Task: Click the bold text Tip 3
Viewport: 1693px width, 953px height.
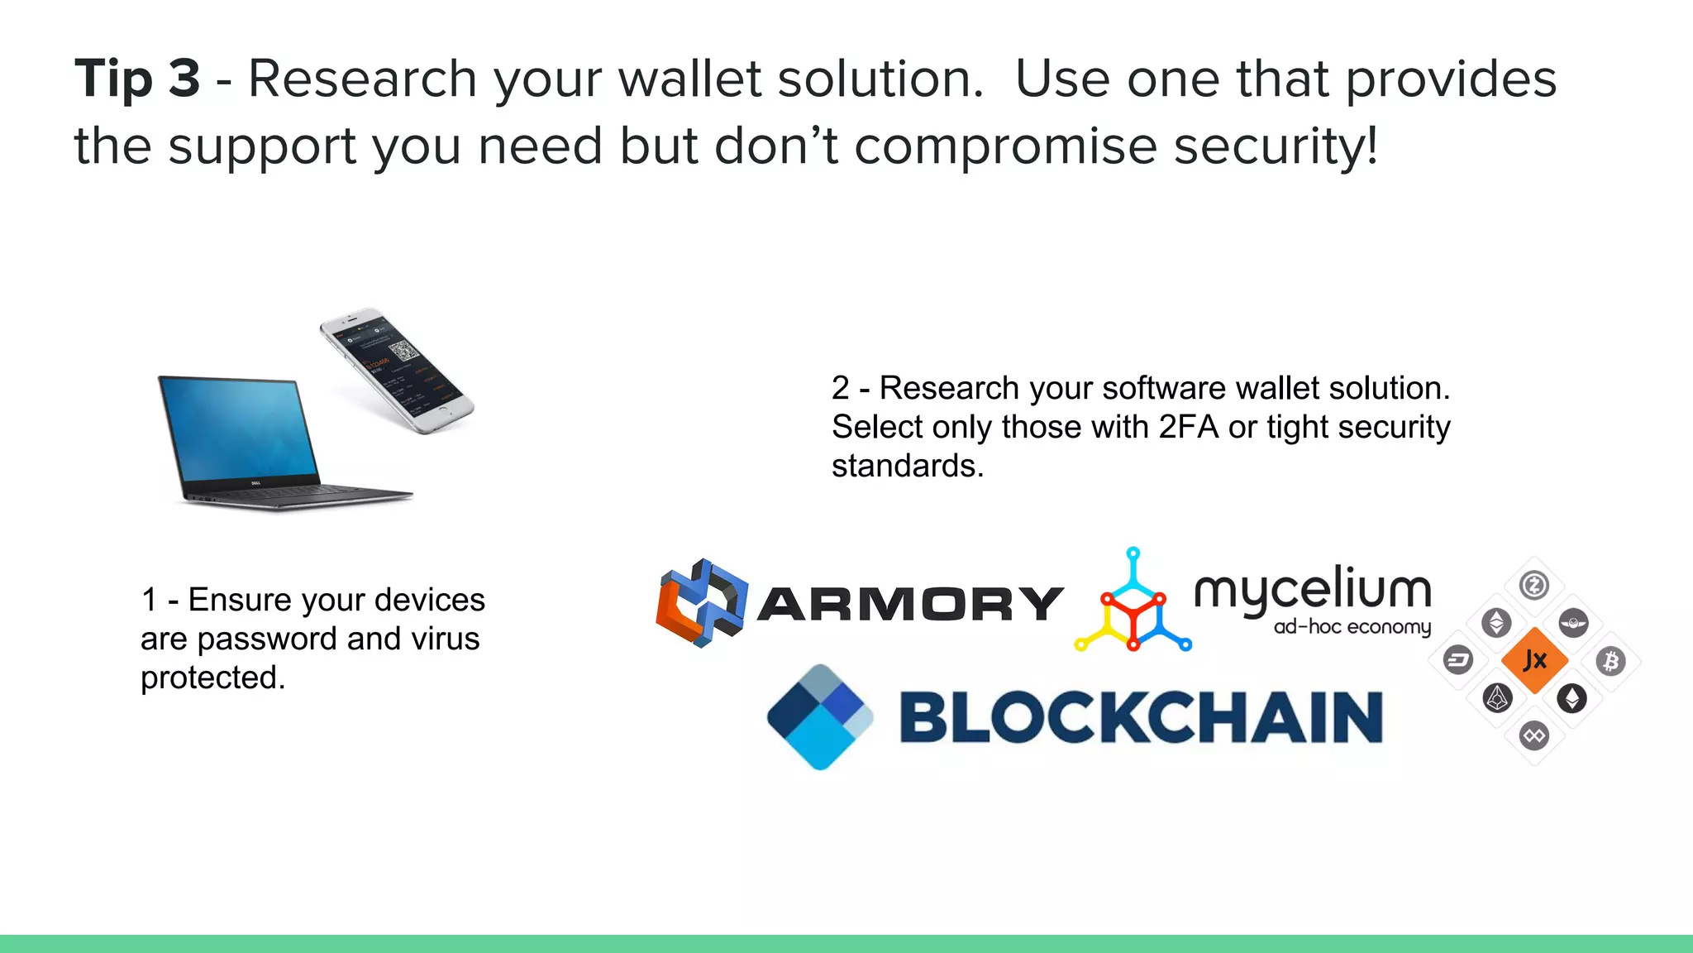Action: [137, 79]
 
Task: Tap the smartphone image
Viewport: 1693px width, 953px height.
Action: [397, 370]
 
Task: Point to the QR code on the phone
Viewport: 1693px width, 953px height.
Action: [403, 351]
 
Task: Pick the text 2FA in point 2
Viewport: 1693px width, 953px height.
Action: [1189, 428]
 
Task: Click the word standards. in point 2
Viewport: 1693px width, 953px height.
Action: [908, 467]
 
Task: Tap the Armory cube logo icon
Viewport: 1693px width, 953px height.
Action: [701, 602]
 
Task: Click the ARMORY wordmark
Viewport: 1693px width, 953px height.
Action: [909, 604]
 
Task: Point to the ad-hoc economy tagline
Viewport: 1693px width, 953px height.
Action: [1352, 627]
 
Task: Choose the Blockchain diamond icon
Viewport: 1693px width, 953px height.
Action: [819, 716]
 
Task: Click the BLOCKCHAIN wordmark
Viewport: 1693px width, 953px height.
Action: [1141, 717]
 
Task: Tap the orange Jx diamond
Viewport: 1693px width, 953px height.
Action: [1534, 660]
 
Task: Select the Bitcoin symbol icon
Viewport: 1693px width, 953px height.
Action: [1610, 661]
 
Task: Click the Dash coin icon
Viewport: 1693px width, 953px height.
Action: [1458, 660]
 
